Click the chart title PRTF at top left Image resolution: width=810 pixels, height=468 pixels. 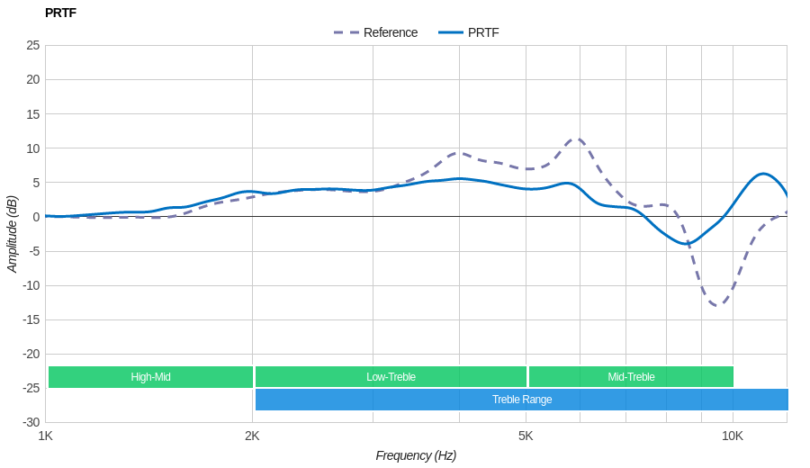click(x=60, y=13)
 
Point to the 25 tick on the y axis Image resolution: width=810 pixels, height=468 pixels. click(x=33, y=45)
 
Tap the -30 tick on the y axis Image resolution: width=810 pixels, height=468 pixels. click(x=31, y=422)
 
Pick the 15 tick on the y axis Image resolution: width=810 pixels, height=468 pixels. click(x=33, y=113)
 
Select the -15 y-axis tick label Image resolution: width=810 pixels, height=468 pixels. click(x=31, y=319)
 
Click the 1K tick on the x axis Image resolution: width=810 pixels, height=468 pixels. click(x=45, y=436)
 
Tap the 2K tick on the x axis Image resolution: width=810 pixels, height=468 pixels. click(x=252, y=436)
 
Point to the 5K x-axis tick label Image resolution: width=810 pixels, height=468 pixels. click(x=526, y=436)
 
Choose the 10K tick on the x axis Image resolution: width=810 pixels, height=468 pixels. click(x=733, y=436)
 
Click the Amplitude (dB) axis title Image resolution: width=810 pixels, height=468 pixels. click(x=13, y=234)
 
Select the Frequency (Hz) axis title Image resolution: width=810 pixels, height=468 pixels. click(x=416, y=455)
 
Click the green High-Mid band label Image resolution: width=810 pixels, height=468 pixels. click(x=150, y=377)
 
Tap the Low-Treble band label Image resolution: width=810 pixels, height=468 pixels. click(x=391, y=377)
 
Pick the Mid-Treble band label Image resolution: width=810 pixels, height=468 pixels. click(x=631, y=377)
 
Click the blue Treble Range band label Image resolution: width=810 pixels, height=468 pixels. click(x=522, y=400)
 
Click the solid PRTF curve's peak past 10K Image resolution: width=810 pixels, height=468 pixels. click(x=763, y=174)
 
